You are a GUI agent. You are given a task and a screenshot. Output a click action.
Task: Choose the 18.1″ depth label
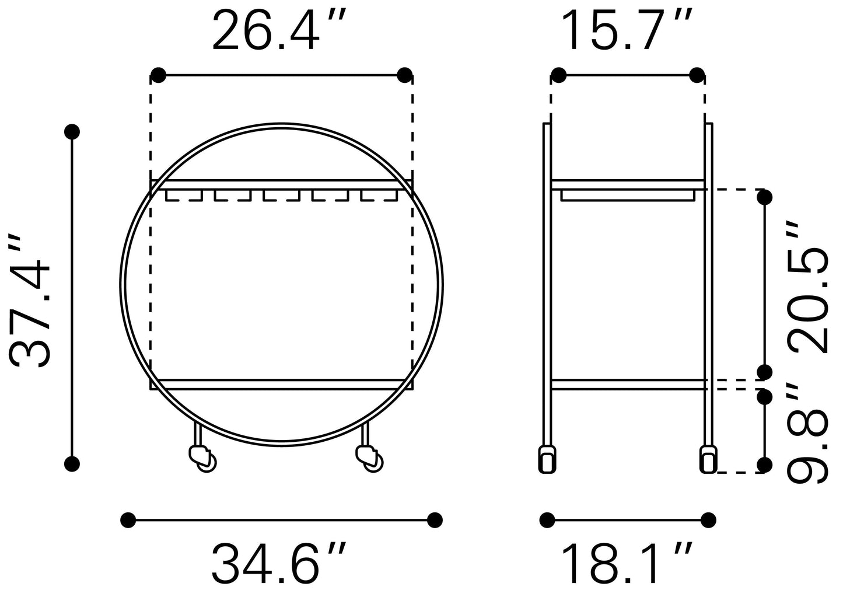(x=627, y=564)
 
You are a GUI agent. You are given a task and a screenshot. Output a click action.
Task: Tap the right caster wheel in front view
(x=368, y=457)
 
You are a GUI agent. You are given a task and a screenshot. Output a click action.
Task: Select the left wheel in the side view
(x=547, y=459)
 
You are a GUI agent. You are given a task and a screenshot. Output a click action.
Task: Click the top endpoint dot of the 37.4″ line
(x=72, y=131)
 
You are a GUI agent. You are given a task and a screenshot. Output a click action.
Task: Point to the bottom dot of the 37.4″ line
(x=72, y=464)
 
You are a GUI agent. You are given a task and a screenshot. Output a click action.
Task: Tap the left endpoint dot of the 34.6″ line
(x=128, y=519)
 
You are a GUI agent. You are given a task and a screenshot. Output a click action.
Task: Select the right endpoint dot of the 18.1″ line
(x=708, y=519)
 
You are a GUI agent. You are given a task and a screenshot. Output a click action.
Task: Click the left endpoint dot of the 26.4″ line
(x=158, y=75)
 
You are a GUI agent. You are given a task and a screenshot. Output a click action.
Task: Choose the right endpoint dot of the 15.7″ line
(x=697, y=75)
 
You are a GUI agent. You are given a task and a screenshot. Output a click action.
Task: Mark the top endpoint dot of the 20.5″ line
(x=764, y=198)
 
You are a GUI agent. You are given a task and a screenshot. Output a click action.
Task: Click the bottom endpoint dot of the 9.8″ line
(x=764, y=465)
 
